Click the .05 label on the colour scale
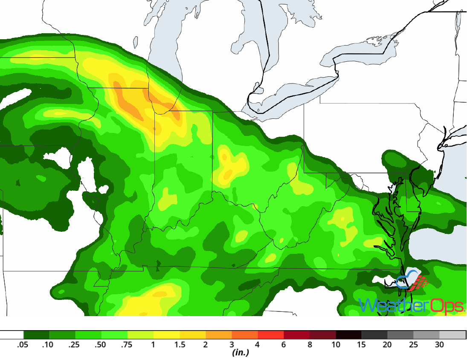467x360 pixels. point(23,345)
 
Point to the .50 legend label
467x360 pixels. point(101,345)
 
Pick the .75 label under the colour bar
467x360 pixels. point(127,345)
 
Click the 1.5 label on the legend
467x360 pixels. point(180,345)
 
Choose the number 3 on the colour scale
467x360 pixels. point(232,345)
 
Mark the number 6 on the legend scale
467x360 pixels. point(284,345)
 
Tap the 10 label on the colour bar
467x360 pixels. point(336,345)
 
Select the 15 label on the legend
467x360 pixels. point(362,345)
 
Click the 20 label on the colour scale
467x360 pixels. point(388,345)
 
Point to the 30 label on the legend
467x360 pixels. point(440,345)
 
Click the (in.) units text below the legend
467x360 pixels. point(241,353)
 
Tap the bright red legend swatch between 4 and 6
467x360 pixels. point(271,335)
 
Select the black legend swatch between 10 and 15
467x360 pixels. point(349,335)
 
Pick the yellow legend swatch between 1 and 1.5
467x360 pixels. point(166,335)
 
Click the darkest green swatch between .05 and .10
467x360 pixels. point(36,335)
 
